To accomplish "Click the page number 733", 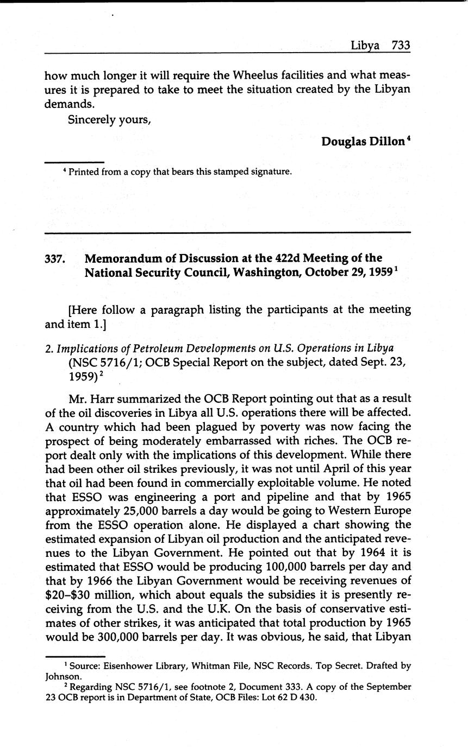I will [400, 46].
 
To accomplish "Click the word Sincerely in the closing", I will [91, 119].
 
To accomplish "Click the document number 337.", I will [55, 258].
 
